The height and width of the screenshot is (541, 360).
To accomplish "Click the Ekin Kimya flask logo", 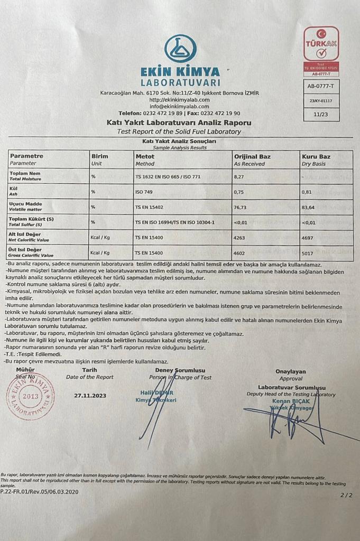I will point(180,49).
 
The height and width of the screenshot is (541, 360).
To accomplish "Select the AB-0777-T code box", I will point(321,85).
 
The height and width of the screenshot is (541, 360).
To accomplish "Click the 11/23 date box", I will point(320,114).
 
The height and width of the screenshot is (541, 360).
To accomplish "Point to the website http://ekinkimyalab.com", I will point(179,99).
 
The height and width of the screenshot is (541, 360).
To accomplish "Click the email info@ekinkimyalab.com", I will point(180,106).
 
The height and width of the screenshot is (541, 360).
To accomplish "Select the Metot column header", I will point(145,156).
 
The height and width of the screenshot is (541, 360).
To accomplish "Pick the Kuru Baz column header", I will point(316,156).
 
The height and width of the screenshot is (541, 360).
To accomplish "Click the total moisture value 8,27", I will point(239,176).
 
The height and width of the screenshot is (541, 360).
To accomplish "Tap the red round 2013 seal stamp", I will point(30,396).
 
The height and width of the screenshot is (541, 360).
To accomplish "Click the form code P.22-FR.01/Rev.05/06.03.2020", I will point(39,491).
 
